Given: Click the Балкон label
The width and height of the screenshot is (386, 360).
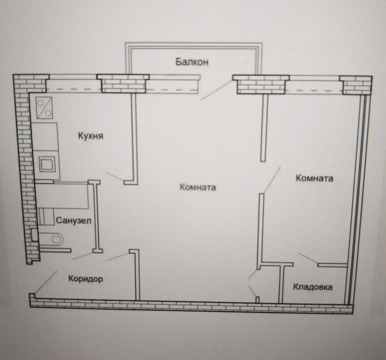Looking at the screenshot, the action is click(192, 62).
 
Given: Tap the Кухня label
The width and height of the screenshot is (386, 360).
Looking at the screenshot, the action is click(90, 136).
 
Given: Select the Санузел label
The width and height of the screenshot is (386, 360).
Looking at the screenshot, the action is click(74, 220).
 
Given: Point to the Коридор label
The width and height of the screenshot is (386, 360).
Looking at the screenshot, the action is click(85, 279).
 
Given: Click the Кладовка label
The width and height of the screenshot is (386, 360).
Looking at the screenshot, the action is click(313, 287).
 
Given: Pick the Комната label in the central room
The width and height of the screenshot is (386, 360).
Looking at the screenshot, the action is click(198, 187).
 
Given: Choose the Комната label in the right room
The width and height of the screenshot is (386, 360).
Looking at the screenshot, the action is click(315, 178).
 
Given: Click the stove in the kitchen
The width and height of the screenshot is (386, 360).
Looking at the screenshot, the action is click(44, 107).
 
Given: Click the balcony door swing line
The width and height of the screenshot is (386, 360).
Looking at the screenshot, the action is click(217, 90).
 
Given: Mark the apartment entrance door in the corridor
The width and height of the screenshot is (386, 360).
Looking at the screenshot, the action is click(45, 282).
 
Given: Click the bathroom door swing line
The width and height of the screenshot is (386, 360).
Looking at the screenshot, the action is click(83, 256).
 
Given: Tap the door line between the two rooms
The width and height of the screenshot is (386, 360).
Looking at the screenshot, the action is click(272, 180).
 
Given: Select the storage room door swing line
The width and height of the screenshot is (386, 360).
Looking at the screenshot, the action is click(308, 259).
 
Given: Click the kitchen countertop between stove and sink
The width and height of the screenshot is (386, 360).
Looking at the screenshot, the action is click(45, 137).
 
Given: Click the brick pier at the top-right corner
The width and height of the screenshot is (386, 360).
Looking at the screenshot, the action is click(356, 85).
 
